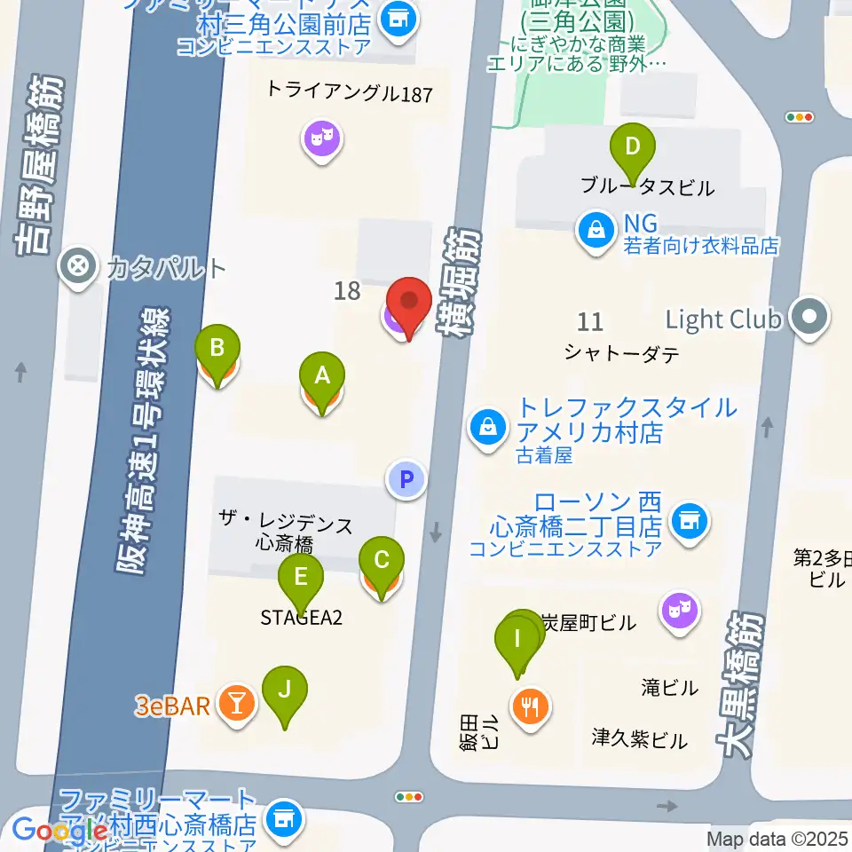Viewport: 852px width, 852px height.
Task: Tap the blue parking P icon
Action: tap(406, 480)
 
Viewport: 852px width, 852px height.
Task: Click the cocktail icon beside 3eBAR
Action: tap(237, 704)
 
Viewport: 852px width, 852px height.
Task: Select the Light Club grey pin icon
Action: tap(809, 319)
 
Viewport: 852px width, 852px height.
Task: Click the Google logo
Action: tap(60, 831)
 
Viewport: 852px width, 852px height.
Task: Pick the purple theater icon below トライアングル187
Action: tap(322, 138)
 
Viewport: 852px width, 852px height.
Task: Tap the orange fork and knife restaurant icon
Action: tap(532, 706)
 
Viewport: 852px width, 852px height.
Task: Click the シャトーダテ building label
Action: tap(621, 353)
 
